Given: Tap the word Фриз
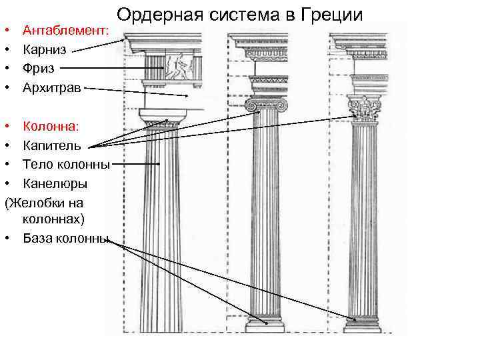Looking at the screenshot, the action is (39, 67).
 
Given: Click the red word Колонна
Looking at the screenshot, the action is (51, 125).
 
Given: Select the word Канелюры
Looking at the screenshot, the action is (55, 183).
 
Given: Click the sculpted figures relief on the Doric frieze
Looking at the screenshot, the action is (178, 67).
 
